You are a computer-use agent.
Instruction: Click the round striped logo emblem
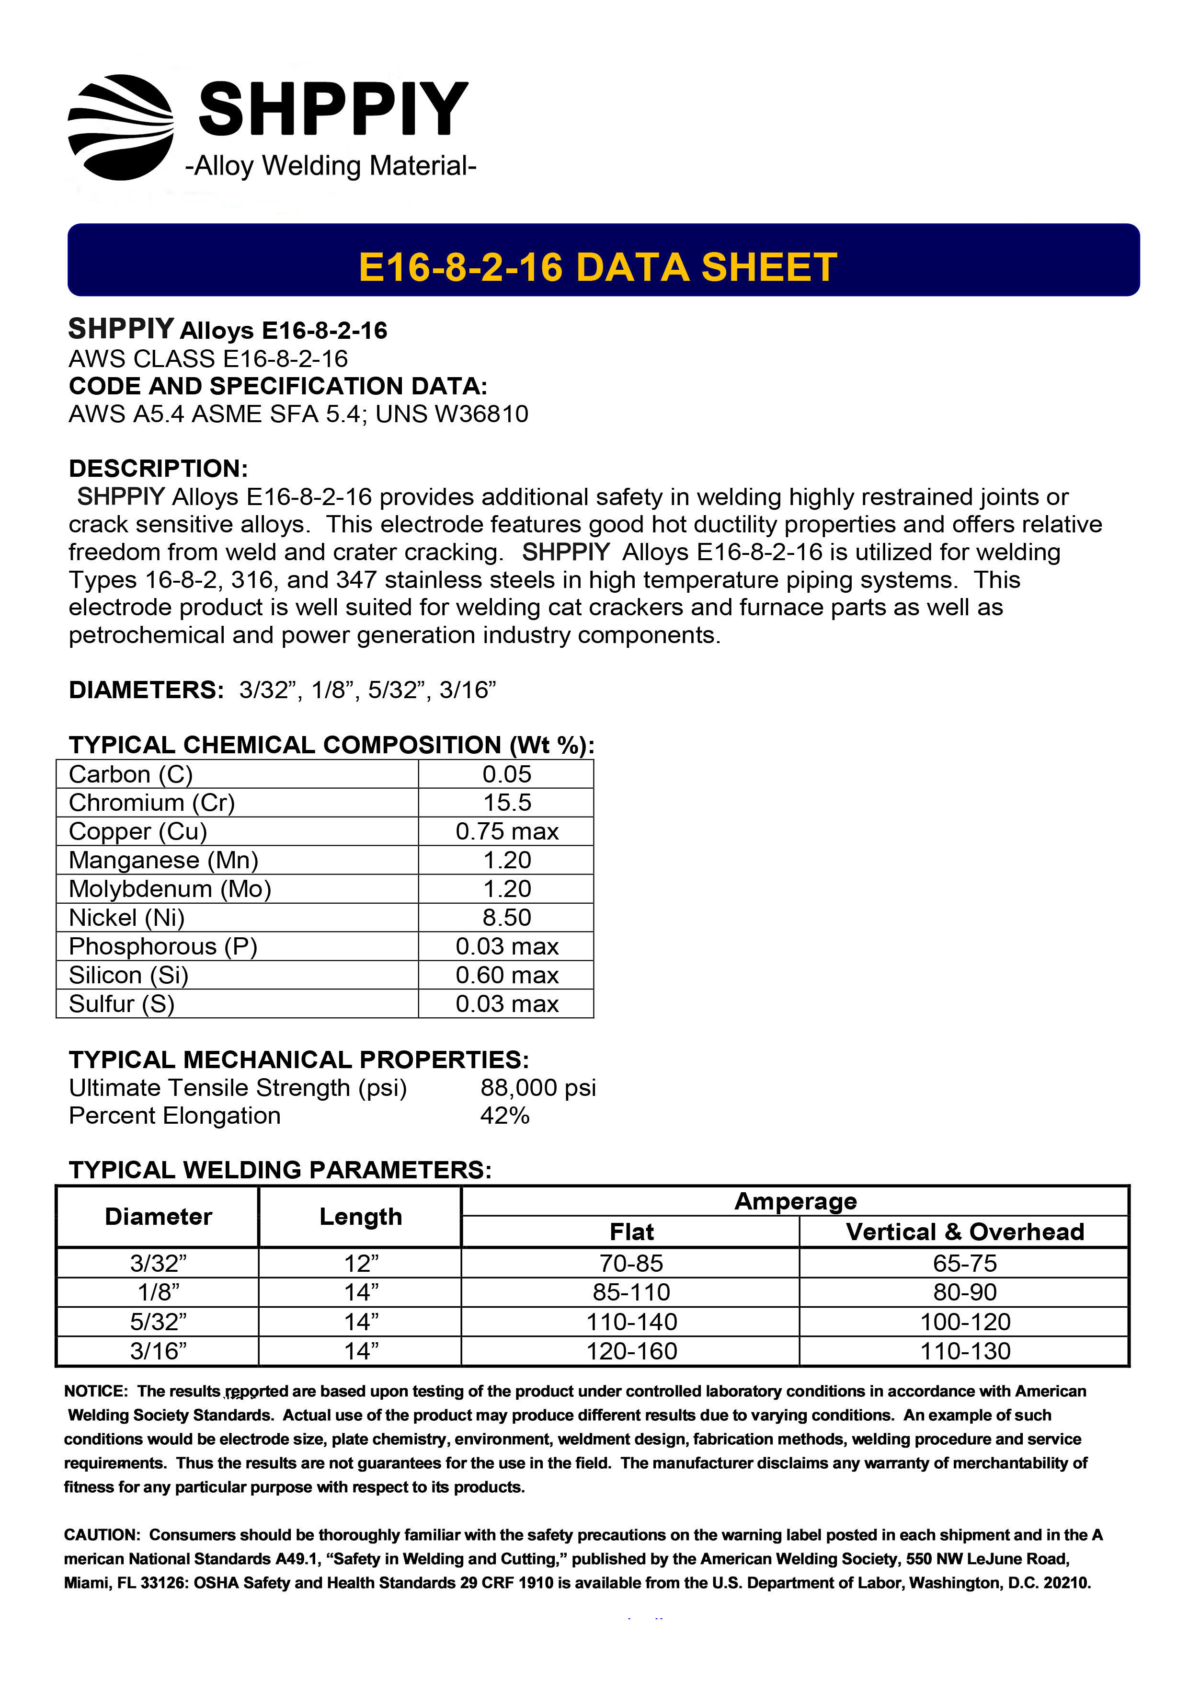coord(121,127)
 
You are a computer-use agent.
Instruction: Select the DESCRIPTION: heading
coord(158,469)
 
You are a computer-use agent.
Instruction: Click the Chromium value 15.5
coord(506,803)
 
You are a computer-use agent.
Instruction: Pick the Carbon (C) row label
coord(130,774)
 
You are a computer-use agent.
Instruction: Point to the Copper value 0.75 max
coord(506,832)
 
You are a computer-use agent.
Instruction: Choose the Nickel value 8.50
coord(506,917)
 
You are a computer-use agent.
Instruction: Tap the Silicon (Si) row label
coord(129,975)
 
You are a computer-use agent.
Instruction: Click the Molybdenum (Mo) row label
coord(170,889)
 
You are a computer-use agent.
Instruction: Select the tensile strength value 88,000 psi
coord(538,1088)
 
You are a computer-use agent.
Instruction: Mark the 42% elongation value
coord(504,1116)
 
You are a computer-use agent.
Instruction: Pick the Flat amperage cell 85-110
coord(631,1292)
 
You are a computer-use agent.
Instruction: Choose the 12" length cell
coord(361,1263)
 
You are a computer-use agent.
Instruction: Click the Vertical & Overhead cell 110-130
coord(965,1351)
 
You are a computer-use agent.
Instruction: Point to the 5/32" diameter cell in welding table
coord(158,1322)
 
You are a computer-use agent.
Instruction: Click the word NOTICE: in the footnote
coord(96,1391)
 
